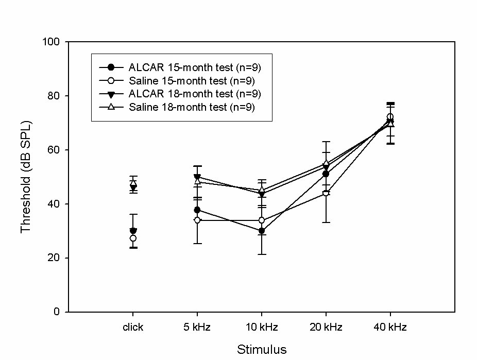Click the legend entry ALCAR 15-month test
point(180,67)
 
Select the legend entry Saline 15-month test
point(177,80)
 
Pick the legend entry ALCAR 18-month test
point(180,94)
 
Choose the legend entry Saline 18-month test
point(177,107)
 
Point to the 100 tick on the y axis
point(51,41)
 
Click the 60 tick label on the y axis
point(54,149)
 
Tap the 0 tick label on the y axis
point(57,312)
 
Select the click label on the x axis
point(133,327)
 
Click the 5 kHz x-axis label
point(197,327)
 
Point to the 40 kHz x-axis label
point(390,327)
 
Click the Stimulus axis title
point(262,349)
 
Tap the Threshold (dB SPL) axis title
point(26,177)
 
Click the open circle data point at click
point(133,238)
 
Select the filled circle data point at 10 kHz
point(262,231)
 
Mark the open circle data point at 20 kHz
point(326,193)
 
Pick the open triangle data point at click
point(133,182)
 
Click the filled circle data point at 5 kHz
point(197,210)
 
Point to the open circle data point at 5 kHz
point(197,220)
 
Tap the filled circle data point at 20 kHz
point(326,174)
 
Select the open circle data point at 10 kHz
point(262,220)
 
